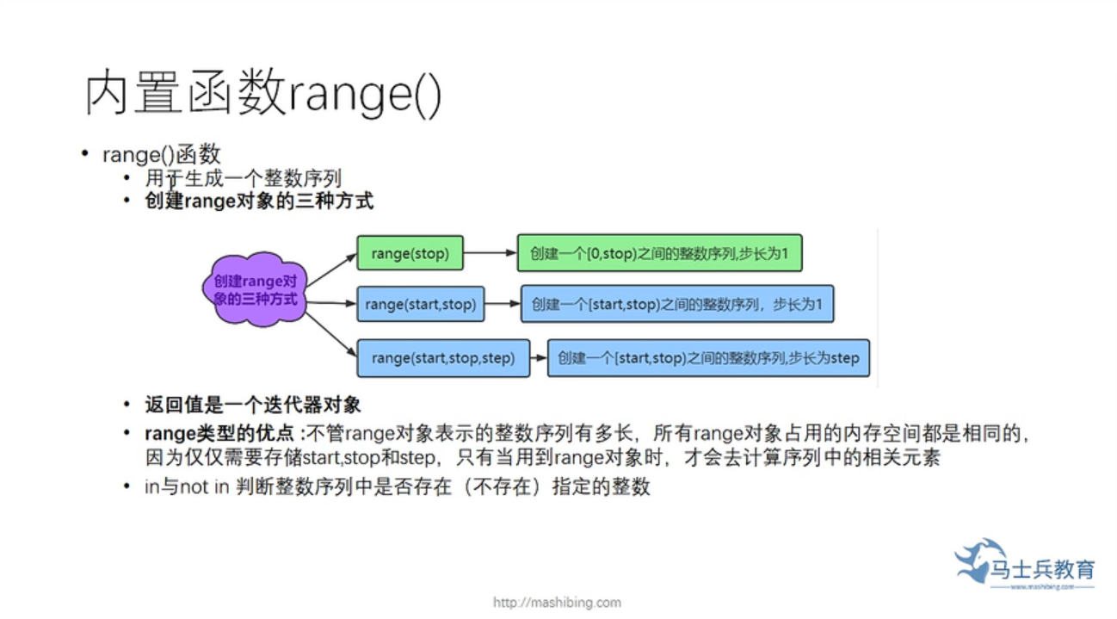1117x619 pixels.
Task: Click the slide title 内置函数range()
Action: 263,94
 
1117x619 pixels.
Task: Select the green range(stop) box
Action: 410,253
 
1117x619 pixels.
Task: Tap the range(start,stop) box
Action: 421,304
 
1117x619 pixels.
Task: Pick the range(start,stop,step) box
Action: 442,357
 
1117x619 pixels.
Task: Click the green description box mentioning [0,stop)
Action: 659,253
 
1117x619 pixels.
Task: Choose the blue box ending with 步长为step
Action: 708,357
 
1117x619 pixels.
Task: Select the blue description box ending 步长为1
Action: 677,304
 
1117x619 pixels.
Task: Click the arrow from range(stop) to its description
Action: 489,253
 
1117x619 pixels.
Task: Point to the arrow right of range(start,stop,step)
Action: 537,357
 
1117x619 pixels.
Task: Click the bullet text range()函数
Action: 162,155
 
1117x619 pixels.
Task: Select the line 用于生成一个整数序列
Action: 244,179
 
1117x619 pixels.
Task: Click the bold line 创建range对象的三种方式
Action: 259,202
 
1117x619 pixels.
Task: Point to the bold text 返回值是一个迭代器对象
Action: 253,405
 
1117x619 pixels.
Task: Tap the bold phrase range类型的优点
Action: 220,433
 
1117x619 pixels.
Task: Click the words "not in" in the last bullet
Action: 203,487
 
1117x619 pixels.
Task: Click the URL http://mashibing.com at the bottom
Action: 557,603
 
